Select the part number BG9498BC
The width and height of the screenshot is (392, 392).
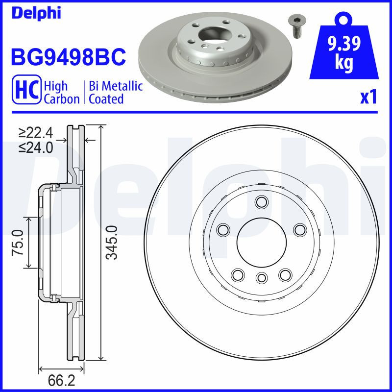point(69,57)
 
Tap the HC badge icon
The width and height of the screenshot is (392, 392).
point(28,91)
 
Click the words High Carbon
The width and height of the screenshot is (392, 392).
point(62,93)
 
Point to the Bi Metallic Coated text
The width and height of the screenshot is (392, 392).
point(116,93)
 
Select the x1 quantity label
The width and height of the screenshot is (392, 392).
point(368,98)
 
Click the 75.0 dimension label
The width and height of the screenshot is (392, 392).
point(18,242)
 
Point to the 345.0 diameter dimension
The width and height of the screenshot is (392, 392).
point(112,242)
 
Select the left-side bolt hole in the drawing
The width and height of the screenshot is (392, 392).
point(224,229)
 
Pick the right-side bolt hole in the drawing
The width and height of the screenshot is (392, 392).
point(299,229)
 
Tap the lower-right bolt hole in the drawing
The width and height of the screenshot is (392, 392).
point(285,275)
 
